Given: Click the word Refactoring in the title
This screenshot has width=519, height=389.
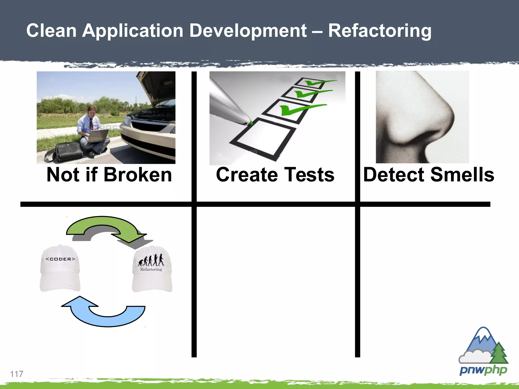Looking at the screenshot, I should point(379,31).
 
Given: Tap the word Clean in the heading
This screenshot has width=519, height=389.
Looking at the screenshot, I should point(51,31).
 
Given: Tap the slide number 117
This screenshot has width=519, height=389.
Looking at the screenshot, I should point(16,374).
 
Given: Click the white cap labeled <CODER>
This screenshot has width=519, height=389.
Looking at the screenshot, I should point(60,268).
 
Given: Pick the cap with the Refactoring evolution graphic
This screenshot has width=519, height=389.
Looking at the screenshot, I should point(152,270).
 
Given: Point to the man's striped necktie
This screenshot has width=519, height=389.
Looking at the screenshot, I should point(91,124).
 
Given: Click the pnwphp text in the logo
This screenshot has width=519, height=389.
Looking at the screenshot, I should point(483,371).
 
